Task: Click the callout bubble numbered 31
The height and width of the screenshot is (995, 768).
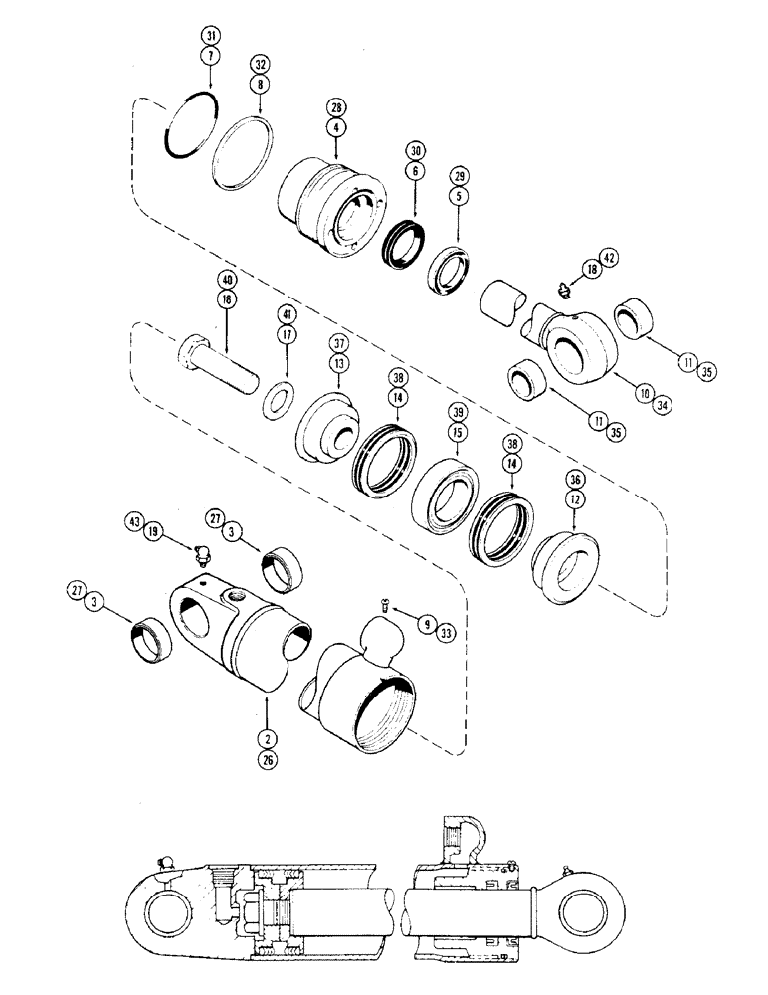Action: click(x=209, y=37)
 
